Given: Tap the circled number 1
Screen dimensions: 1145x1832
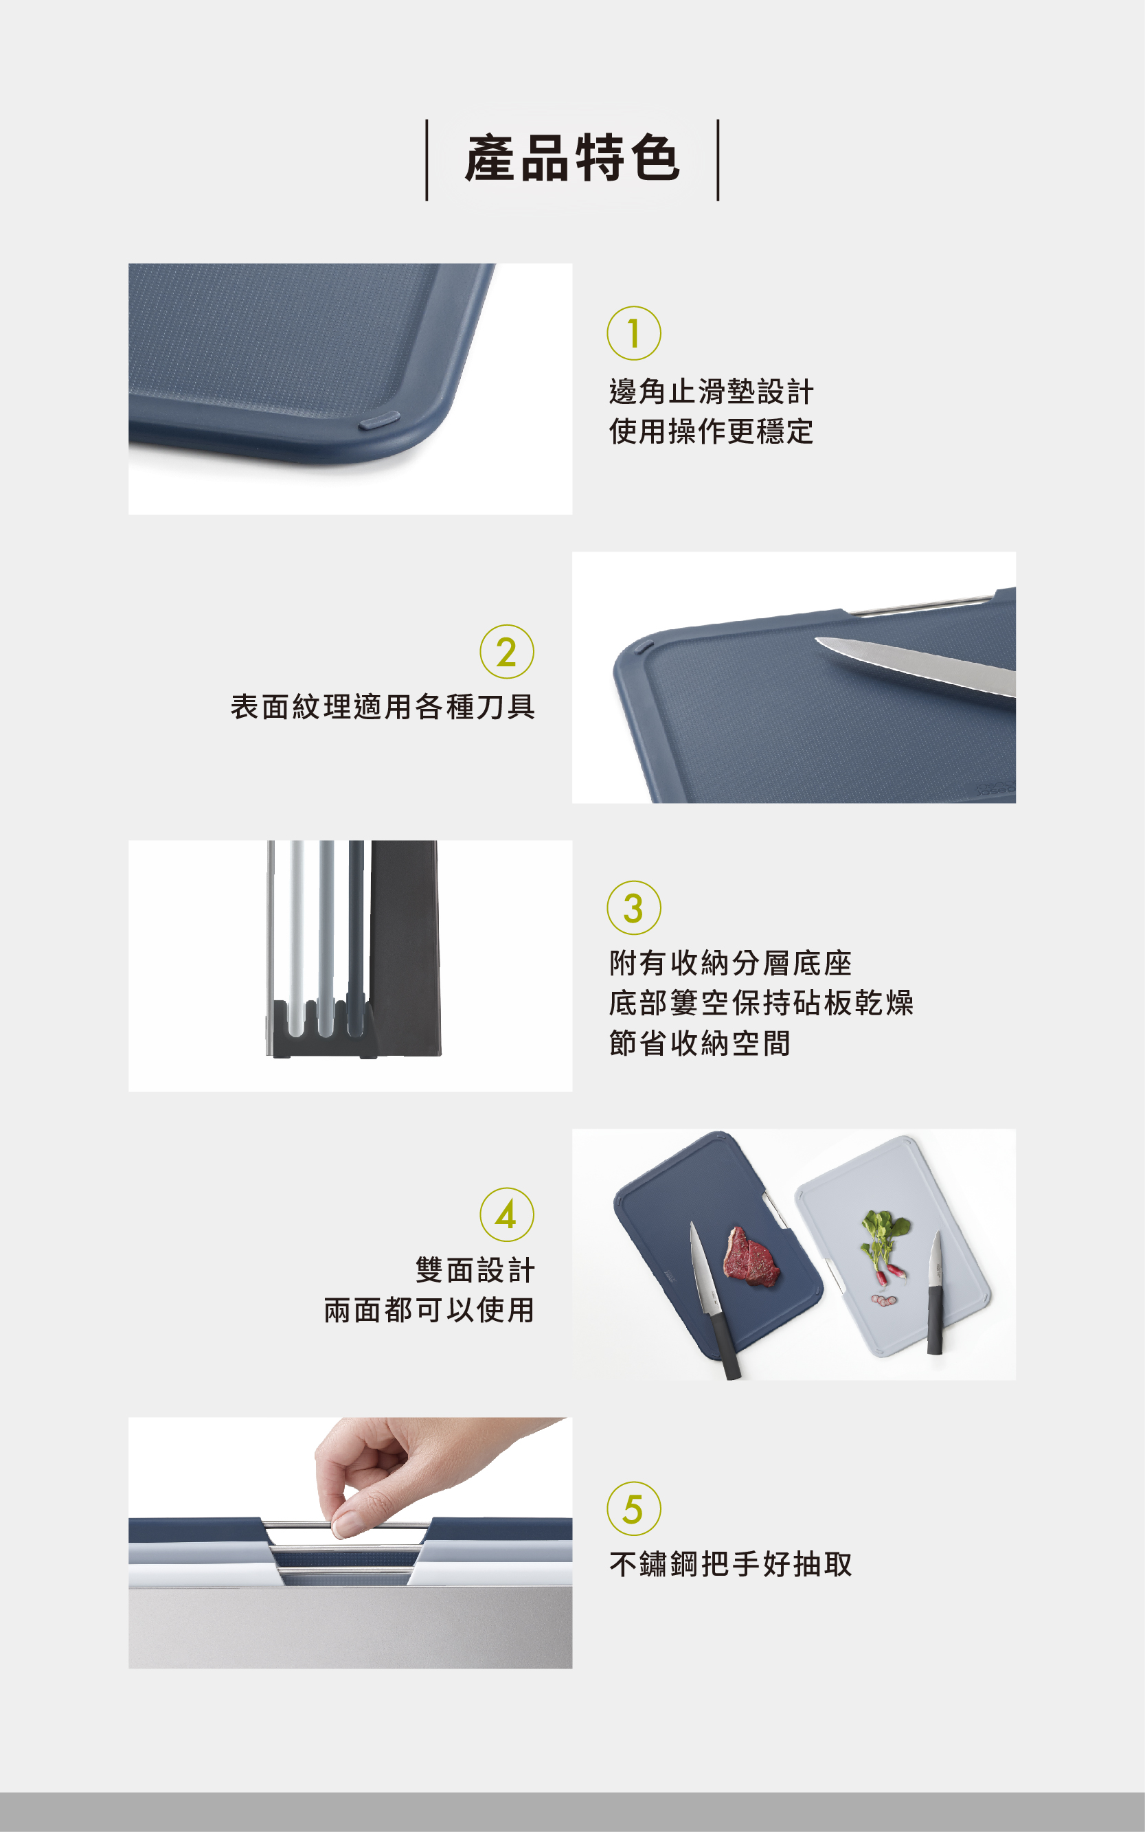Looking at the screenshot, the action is pos(634,333).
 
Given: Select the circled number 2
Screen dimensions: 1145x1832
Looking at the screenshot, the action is pos(507,651).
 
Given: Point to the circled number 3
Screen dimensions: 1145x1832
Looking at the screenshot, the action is pos(634,908).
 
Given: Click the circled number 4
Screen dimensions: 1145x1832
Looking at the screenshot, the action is pos(507,1214).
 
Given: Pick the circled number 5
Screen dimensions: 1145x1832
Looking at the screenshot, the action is pos(634,1509).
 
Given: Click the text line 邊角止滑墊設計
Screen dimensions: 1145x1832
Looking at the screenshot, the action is pos(711,392).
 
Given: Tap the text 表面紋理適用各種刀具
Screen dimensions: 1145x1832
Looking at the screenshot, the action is pos(383,707).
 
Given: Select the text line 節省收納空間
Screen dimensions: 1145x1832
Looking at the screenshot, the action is pos(700,1043).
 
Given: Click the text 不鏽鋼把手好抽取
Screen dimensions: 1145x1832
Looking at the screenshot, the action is pos(731,1565).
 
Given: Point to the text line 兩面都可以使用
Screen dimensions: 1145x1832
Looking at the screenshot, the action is pos(429,1310).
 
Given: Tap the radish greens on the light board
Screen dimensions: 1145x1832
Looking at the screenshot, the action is pos(885,1232).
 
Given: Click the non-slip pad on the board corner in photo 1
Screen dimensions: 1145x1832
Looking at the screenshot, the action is pos(378,420).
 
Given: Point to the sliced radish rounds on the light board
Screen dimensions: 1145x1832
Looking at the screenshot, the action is pos(884,1300).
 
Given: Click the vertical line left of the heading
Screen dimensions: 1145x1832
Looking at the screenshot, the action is pos(427,160).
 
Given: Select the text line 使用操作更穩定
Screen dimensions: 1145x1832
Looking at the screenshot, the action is pos(711,431).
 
